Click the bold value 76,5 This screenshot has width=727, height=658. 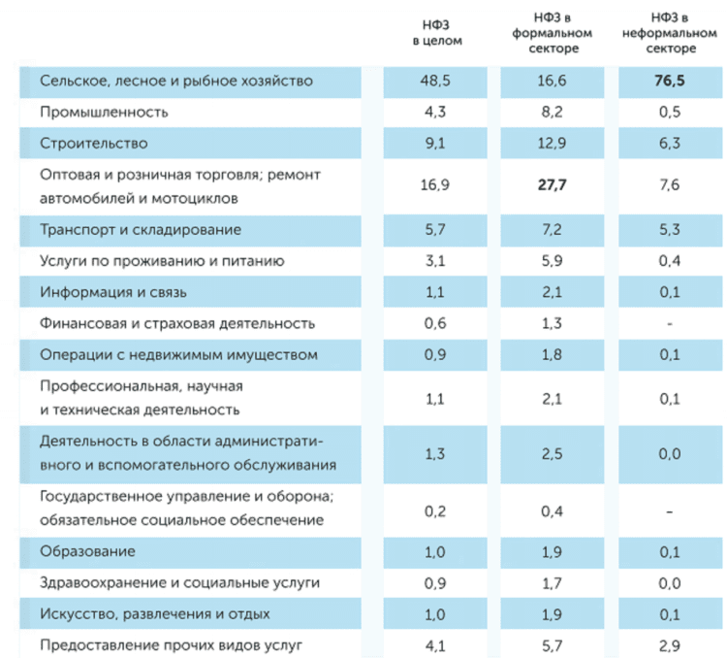[668, 81]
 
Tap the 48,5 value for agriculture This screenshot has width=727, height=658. [436, 81]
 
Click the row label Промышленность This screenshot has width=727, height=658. [104, 112]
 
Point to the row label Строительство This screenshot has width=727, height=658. [93, 144]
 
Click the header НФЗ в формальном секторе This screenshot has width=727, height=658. [550, 33]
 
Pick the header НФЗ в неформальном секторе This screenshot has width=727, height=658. [668, 33]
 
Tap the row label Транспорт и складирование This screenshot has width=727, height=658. [141, 230]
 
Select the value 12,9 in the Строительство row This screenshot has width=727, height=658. [550, 144]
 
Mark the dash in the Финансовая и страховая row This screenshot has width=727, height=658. [668, 323]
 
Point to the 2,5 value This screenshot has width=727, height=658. [550, 454]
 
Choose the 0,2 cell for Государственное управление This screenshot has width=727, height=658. [436, 510]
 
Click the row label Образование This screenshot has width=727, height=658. [87, 551]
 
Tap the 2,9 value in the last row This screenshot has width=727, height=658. [668, 644]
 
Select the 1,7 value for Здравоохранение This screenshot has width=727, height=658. [550, 583]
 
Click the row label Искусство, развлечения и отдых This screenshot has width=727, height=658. [154, 614]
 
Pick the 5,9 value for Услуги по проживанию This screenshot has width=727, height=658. [550, 261]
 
